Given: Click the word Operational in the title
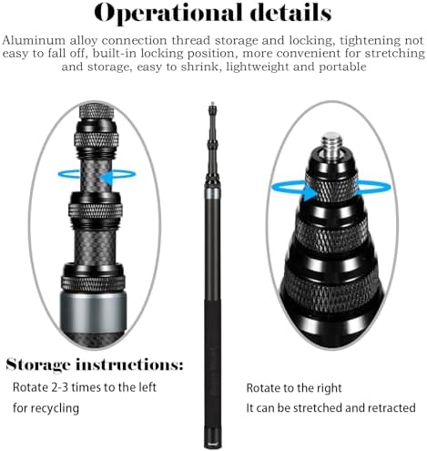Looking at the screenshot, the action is pyautogui.click(x=168, y=14).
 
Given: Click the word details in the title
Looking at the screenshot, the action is pyautogui.click(x=292, y=13).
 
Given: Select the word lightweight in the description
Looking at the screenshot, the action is pyautogui.click(x=258, y=67).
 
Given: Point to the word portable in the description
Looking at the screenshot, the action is pyautogui.click(x=342, y=67).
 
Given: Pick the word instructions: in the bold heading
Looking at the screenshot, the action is pyautogui.click(x=129, y=364).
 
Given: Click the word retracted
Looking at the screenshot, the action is pyautogui.click(x=391, y=408).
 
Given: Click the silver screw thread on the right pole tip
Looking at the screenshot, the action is pyautogui.click(x=330, y=142).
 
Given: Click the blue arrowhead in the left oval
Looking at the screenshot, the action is pyautogui.click(x=107, y=179).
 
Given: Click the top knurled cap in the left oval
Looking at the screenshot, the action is pyautogui.click(x=97, y=111).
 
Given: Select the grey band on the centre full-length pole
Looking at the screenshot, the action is pyautogui.click(x=213, y=193).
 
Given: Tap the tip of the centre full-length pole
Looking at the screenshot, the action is pyautogui.click(x=212, y=103).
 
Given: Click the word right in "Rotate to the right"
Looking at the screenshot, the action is pyautogui.click(x=330, y=388).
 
